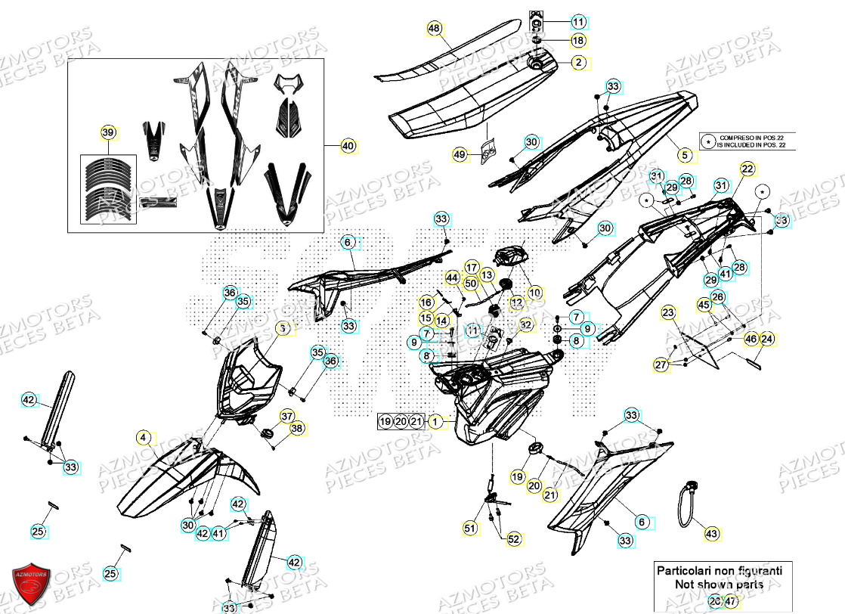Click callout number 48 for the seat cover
[x=433, y=29]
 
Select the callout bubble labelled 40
[x=348, y=146]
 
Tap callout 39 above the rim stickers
[x=109, y=133]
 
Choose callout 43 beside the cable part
[x=711, y=534]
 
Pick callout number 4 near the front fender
[x=143, y=437]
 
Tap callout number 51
[x=470, y=529]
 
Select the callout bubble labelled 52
[x=514, y=539]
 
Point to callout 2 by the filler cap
[x=578, y=63]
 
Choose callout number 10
[x=535, y=292]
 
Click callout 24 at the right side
[x=766, y=339]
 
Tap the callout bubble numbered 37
[x=287, y=416]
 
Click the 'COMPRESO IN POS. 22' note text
[x=752, y=137]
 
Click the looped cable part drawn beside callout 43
[x=689, y=502]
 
